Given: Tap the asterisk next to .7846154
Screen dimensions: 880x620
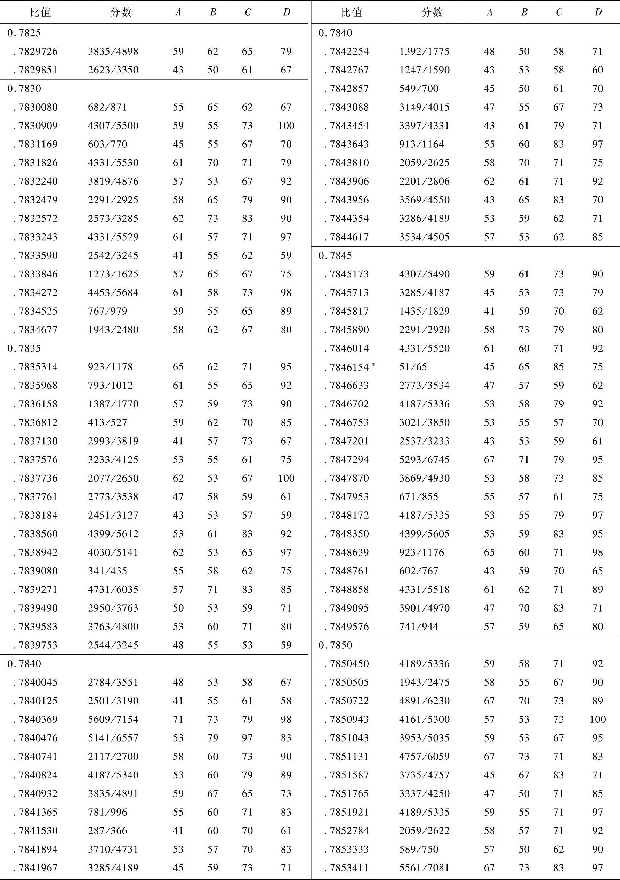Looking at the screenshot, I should (373, 364).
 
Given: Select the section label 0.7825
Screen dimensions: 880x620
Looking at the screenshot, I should (24, 33).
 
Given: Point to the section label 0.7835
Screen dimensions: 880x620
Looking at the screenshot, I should (24, 348).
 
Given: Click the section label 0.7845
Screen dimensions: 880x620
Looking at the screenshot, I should (335, 256).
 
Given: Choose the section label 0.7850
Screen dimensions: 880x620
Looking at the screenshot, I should (335, 645).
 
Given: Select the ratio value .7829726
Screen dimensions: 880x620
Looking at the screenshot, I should (35, 51).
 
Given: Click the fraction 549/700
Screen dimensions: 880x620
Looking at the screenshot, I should (418, 89).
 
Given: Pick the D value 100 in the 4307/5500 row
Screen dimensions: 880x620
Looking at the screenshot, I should (287, 126).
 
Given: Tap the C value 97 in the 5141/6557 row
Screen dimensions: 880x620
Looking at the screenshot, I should (247, 738).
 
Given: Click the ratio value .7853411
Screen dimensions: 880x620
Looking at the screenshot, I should (347, 868).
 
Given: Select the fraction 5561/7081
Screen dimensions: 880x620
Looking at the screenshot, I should (424, 868).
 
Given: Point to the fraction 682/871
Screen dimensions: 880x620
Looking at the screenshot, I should (107, 107).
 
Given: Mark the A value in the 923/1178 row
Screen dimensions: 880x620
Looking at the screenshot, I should (178, 367).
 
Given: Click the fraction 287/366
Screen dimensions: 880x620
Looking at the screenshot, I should (107, 831).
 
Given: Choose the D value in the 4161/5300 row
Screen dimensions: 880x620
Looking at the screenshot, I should (598, 719).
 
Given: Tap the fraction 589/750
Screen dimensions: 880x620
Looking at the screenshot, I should (419, 849).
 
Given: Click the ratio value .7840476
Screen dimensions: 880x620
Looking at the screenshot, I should (35, 738).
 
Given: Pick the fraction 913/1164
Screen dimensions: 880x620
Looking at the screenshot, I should (421, 144).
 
